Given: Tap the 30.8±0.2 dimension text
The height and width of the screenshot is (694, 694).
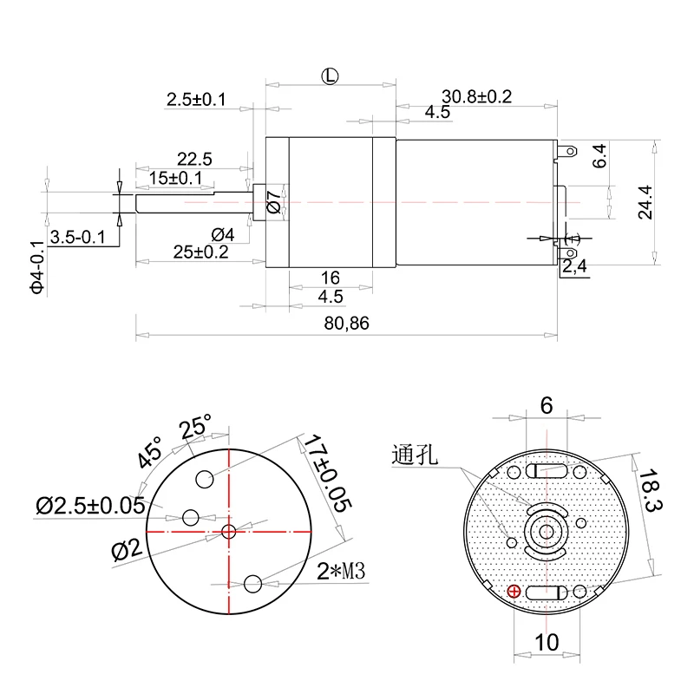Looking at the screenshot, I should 476,96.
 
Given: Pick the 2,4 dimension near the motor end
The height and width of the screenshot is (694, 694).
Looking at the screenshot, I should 574,267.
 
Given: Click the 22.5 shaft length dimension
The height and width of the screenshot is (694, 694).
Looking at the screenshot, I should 194,159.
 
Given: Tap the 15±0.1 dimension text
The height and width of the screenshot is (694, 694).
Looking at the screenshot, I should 175,178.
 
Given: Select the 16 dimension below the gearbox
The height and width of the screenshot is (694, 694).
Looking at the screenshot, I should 330,278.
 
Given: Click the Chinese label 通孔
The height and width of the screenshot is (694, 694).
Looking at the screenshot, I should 417,454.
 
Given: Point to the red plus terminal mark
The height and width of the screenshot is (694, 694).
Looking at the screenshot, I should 514,592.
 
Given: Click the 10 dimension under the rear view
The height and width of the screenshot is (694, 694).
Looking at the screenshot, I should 547,642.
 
